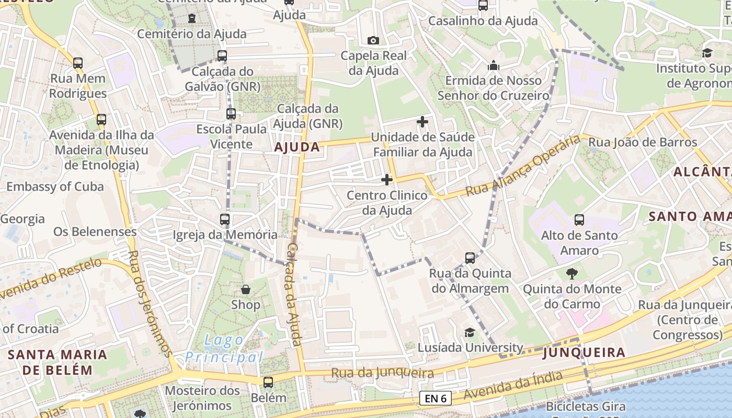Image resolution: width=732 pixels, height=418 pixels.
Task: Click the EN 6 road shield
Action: pyautogui.click(x=436, y=399)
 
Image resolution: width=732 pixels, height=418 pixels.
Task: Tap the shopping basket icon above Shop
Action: pyautogui.click(x=245, y=289)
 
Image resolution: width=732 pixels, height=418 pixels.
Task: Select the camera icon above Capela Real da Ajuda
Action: pyautogui.click(x=373, y=40)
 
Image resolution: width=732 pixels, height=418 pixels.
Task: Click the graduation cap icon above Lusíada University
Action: pyautogui.click(x=470, y=333)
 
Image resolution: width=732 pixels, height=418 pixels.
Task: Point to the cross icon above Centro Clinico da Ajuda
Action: pyautogui.click(x=387, y=180)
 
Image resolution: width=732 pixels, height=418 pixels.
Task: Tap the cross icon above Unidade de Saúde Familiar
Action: pyautogui.click(x=422, y=122)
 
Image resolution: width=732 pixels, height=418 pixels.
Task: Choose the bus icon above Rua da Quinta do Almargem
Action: pyautogui.click(x=470, y=258)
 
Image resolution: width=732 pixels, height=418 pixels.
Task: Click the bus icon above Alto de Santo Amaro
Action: pyautogui.click(x=579, y=220)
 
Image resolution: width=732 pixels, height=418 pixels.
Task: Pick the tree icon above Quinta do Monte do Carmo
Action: pyautogui.click(x=572, y=273)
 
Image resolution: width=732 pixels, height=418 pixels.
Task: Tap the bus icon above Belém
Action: pyautogui.click(x=268, y=382)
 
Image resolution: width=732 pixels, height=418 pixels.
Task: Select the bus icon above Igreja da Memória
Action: pyautogui.click(x=225, y=219)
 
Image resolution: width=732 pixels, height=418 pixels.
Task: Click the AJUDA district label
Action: pyautogui.click(x=297, y=147)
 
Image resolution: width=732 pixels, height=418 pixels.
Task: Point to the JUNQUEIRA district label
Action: pyautogui.click(x=584, y=353)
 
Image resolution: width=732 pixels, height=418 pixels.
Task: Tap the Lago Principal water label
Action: pyautogui.click(x=224, y=349)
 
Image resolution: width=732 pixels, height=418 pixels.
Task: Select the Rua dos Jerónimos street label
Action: pyautogui.click(x=150, y=303)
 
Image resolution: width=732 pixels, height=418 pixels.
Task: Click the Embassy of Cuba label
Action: pyautogui.click(x=55, y=187)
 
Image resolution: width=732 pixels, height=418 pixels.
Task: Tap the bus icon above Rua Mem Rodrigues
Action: pyautogui.click(x=78, y=63)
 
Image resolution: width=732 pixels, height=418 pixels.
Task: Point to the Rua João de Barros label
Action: pyautogui.click(x=643, y=142)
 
